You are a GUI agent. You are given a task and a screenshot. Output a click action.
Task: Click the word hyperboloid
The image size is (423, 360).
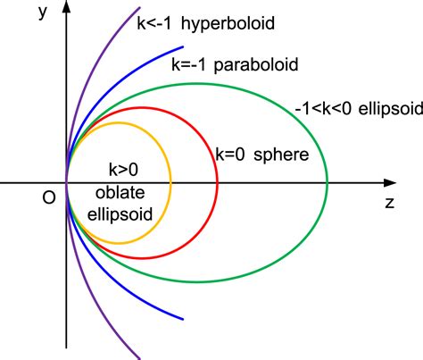(228, 24)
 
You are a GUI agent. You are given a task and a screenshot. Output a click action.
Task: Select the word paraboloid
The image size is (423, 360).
(256, 65)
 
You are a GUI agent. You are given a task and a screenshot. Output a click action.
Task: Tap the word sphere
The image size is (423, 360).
(281, 155)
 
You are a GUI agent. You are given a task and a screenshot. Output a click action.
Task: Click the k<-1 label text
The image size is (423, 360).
(153, 23)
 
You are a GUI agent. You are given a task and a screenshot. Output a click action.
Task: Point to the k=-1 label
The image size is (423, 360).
(188, 64)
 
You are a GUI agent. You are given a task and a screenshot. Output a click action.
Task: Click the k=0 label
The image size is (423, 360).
(230, 155)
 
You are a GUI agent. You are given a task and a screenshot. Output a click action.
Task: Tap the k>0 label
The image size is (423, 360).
(123, 170)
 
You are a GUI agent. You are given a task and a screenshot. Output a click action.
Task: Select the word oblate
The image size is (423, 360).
(120, 192)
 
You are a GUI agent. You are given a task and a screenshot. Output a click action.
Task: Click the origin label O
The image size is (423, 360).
(49, 197)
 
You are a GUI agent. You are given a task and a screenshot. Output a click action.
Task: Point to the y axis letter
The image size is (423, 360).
(43, 13)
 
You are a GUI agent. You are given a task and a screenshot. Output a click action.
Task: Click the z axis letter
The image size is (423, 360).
(390, 203)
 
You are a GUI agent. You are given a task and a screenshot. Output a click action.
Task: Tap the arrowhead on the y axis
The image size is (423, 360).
(67, 6)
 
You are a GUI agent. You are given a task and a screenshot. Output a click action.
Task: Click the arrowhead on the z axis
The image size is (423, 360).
(390, 183)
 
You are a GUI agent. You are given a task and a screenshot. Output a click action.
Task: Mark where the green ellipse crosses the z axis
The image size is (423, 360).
(328, 183)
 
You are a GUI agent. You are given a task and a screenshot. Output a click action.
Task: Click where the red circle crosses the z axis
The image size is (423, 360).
(218, 183)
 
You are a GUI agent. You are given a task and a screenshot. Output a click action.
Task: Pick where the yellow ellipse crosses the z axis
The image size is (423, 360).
(170, 183)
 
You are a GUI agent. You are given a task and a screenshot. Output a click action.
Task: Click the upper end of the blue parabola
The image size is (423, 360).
(183, 46)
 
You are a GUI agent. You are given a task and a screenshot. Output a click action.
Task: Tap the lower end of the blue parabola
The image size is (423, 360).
(183, 319)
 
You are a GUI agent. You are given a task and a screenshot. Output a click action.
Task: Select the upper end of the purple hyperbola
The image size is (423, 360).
(139, 8)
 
